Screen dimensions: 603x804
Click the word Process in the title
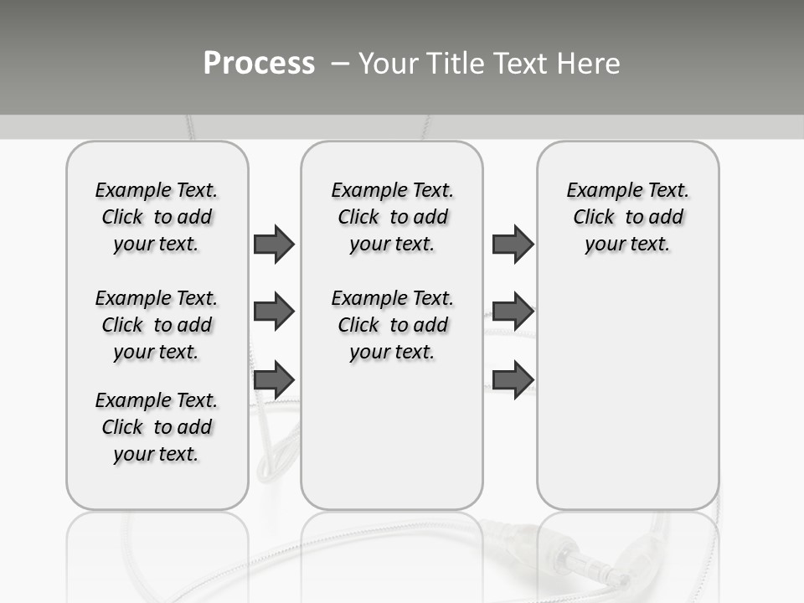[x=259, y=63]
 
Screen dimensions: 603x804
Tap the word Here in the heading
[x=587, y=64]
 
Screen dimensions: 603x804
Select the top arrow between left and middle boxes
[x=274, y=244]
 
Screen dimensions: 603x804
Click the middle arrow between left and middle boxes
[x=274, y=312]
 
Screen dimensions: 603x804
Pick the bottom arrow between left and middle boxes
[x=274, y=379]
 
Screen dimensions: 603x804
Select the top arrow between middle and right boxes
[x=513, y=244]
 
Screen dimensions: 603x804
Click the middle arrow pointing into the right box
[x=513, y=312]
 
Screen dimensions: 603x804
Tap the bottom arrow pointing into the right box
[x=513, y=379]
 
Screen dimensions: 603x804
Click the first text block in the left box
[x=157, y=217]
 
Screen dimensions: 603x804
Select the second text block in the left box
[x=157, y=325]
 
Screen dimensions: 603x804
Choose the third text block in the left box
[x=157, y=427]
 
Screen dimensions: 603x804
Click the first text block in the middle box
[x=393, y=217]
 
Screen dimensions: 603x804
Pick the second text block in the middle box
[x=393, y=325]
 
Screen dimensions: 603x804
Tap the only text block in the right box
[x=628, y=217]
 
